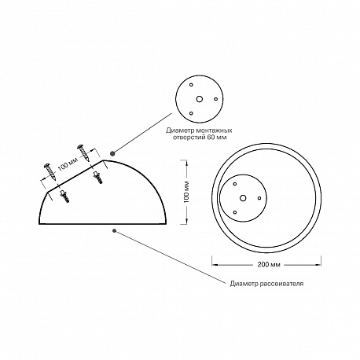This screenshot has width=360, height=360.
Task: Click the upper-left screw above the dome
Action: [x=51, y=171]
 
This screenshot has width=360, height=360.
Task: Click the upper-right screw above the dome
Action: [x=83, y=152]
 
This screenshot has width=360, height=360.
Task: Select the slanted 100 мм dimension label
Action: [x=68, y=164]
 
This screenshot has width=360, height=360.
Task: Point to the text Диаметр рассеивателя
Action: [x=266, y=284]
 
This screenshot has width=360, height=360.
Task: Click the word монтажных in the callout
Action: [x=216, y=130]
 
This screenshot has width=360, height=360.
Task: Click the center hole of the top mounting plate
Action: [x=200, y=99]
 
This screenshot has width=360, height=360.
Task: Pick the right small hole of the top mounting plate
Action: [x=215, y=99]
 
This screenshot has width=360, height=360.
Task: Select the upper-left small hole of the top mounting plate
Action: [x=191, y=85]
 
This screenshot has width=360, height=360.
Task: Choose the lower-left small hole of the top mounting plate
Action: [x=191, y=113]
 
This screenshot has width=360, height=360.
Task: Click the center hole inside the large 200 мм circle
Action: [x=243, y=198]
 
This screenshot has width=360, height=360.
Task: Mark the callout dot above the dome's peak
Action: [x=112, y=153]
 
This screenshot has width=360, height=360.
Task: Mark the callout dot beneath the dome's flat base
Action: [x=114, y=230]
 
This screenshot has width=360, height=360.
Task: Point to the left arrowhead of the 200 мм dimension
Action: [x=215, y=265]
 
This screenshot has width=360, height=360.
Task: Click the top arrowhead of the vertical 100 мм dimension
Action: [x=186, y=163]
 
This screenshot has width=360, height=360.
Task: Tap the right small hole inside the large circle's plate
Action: [x=259, y=198]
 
